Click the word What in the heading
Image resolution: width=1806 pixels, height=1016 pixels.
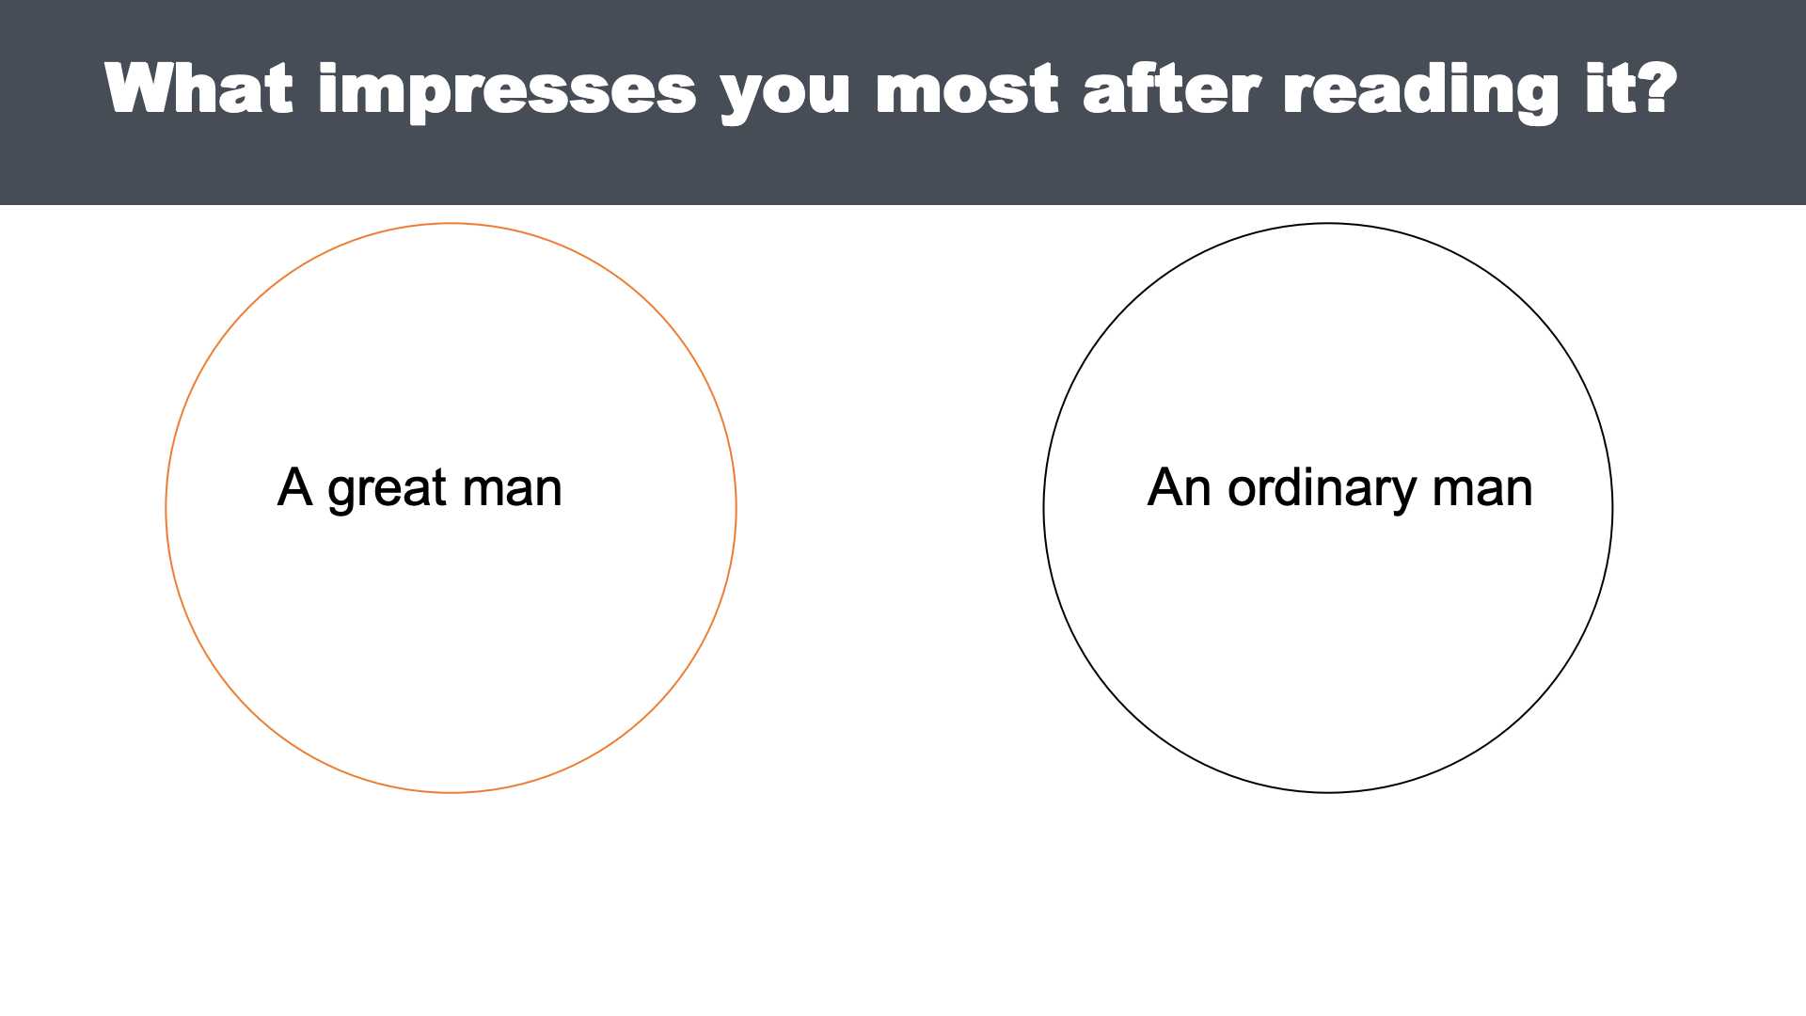pyautogui.click(x=198, y=88)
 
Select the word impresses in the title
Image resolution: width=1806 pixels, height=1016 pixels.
pyautogui.click(x=508, y=91)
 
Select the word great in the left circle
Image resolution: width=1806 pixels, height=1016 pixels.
pyautogui.click(x=387, y=491)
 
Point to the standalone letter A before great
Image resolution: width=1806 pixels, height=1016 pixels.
pyautogui.click(x=294, y=487)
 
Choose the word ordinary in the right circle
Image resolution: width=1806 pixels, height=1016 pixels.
pyautogui.click(x=1321, y=489)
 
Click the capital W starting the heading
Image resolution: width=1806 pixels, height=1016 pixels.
pyautogui.click(x=143, y=89)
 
